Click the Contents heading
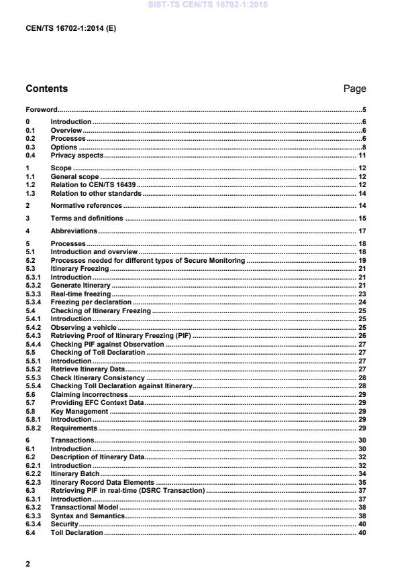tap(46, 89)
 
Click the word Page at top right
tap(354, 89)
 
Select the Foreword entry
tap(41, 109)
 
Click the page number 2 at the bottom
tap(28, 564)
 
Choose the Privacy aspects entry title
tap(77, 156)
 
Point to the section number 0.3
tap(30, 147)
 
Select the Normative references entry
tap(87, 205)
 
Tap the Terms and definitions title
tap(87, 219)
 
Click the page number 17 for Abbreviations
tap(362, 231)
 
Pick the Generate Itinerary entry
tap(81, 286)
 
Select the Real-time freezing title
tap(81, 294)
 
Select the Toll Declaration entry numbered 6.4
tap(77, 532)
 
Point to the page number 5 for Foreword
tap(364, 109)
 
